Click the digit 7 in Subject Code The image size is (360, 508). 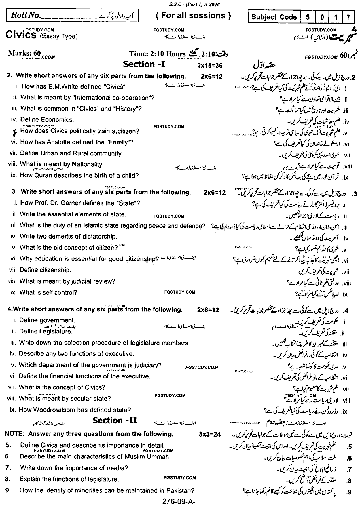pyautogui.click(x=348, y=17)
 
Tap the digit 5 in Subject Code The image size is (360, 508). pyautogui.click(x=308, y=17)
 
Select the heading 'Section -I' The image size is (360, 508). pyautogui.click(x=144, y=64)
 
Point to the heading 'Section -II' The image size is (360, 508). pyautogui.click(x=115, y=421)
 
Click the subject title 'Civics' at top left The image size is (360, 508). pyautogui.click(x=21, y=35)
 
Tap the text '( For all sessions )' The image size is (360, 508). pyautogui.click(x=193, y=16)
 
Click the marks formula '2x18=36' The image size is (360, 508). pyautogui.click(x=210, y=66)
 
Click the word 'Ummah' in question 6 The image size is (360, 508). pyautogui.click(x=159, y=456)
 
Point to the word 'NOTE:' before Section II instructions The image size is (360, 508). pyautogui.click(x=14, y=434)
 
